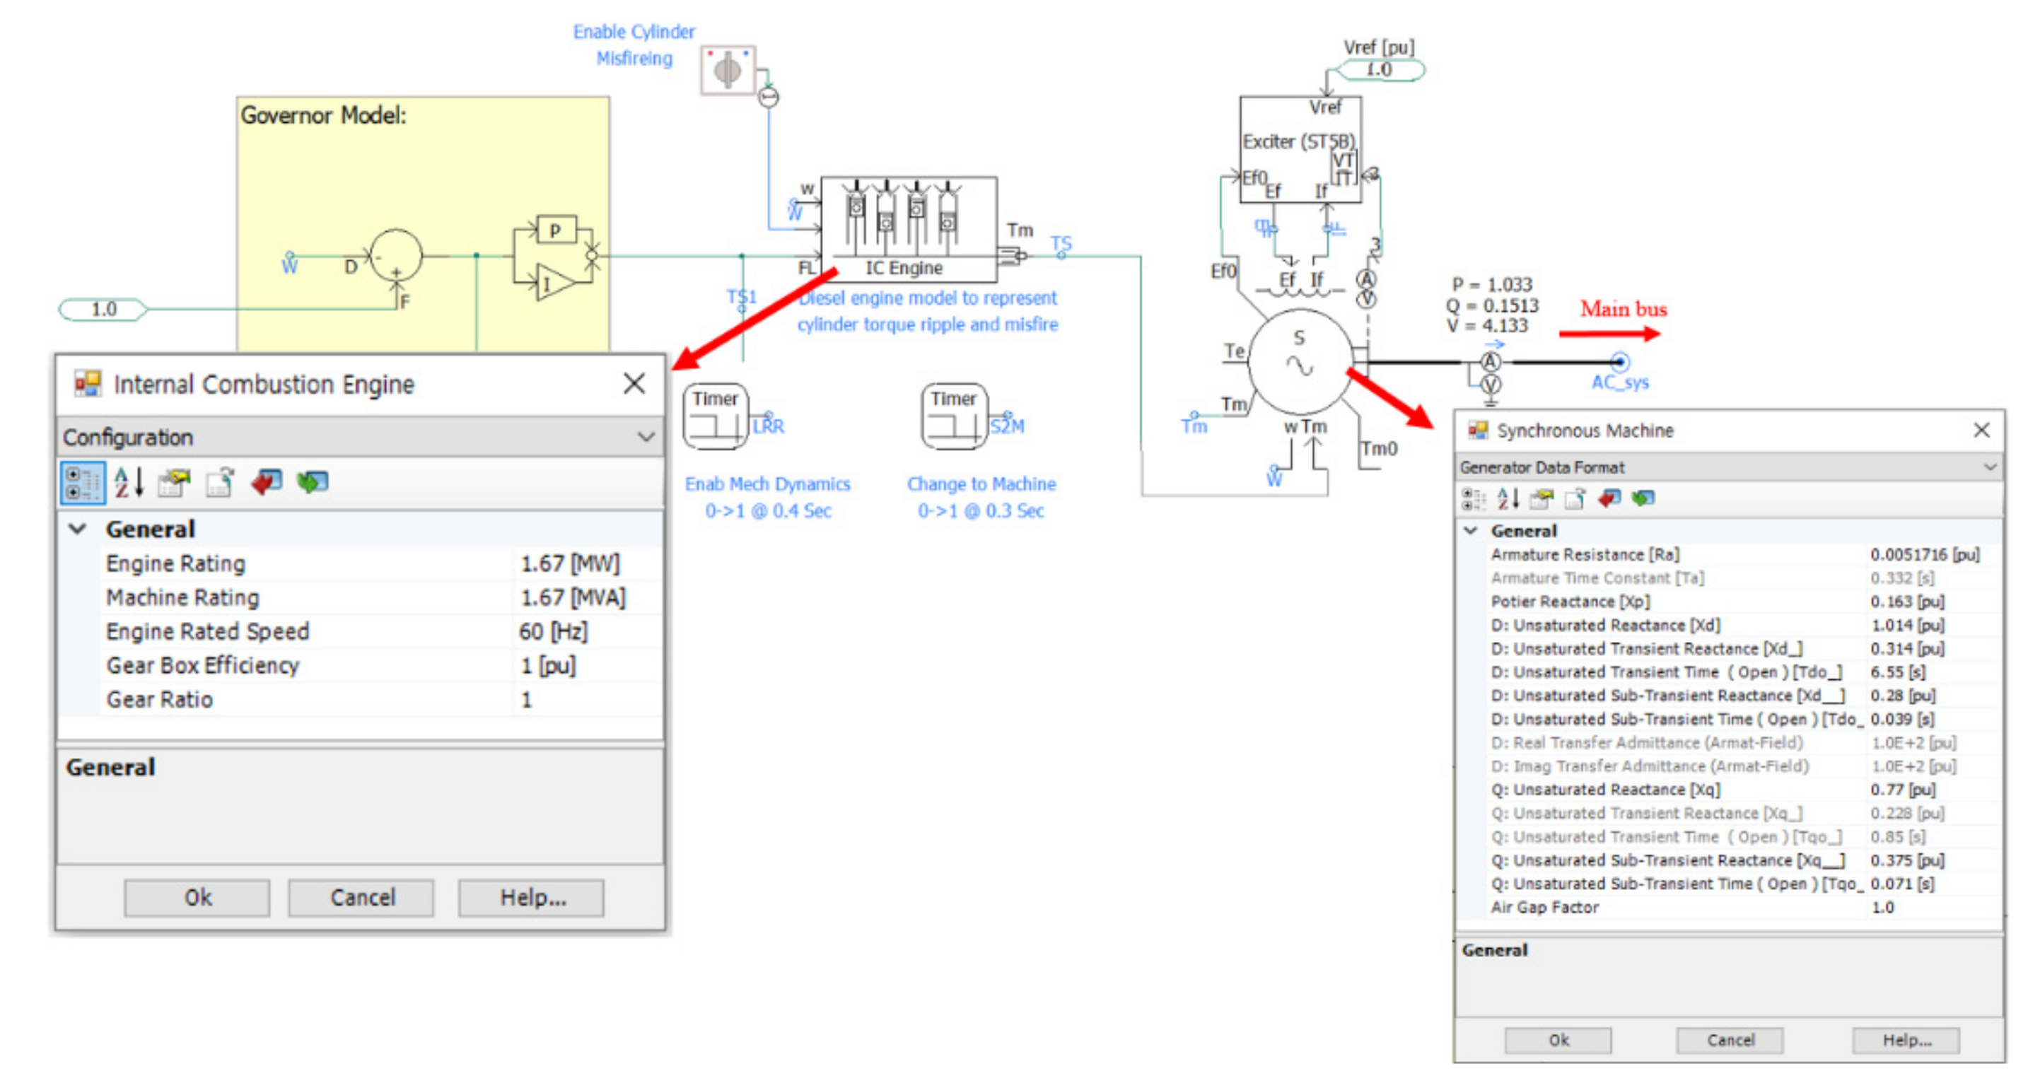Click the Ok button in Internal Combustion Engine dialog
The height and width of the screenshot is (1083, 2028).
(197, 897)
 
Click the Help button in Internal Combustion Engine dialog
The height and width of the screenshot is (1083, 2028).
(532, 897)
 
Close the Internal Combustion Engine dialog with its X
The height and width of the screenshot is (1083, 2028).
(634, 384)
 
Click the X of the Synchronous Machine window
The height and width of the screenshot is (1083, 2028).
(1981, 430)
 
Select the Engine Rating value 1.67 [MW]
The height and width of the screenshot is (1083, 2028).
(570, 563)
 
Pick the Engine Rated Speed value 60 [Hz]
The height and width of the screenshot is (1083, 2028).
(553, 631)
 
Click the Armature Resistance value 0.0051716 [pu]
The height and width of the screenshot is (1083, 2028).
(1924, 555)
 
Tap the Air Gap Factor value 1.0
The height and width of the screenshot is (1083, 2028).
(1882, 908)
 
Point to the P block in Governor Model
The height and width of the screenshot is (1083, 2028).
(556, 230)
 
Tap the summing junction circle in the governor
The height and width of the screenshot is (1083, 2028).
(396, 256)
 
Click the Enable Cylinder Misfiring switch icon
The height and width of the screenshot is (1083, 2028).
(728, 70)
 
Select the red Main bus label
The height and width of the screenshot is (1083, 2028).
(1623, 310)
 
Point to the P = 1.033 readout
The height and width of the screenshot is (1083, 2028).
(1492, 284)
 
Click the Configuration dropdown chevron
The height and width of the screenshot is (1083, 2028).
(646, 437)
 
